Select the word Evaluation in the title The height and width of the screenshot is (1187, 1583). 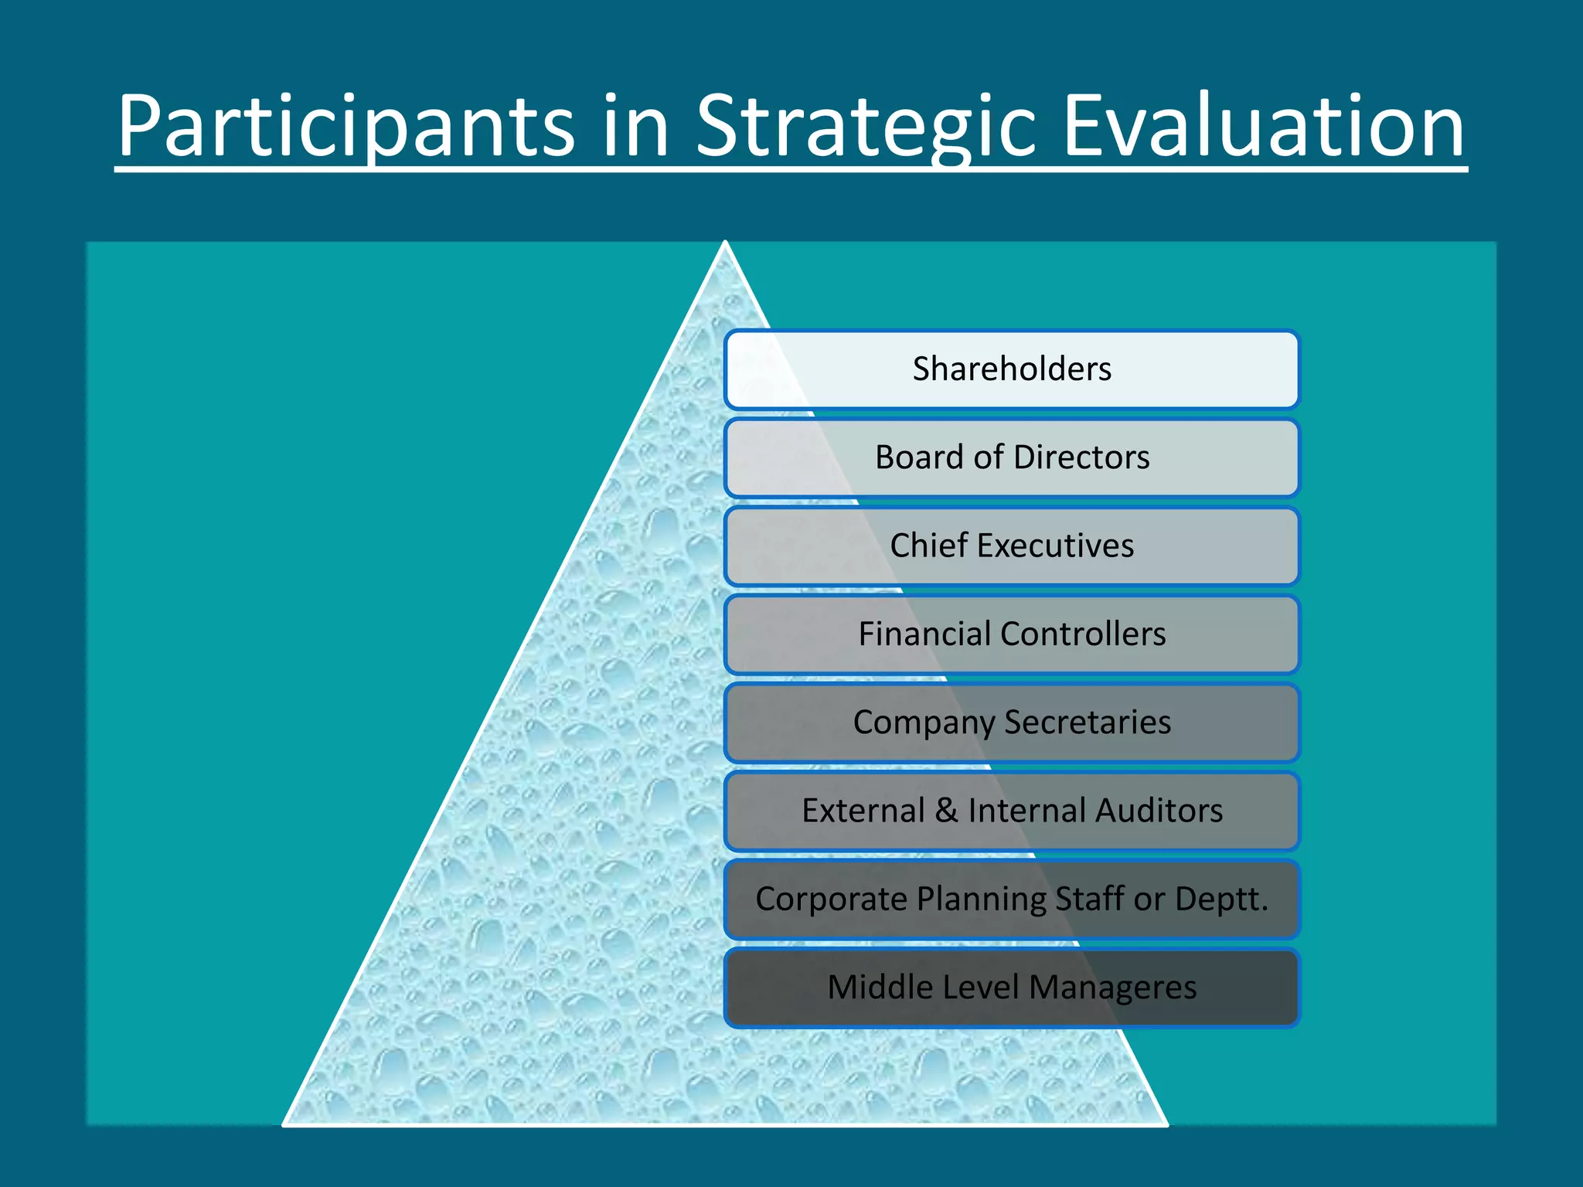click(1263, 126)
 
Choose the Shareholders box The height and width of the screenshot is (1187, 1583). click(1012, 369)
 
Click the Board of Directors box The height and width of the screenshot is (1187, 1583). click(1012, 457)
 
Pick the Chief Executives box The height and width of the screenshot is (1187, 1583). click(1012, 546)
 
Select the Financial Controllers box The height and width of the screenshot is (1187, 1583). click(1012, 634)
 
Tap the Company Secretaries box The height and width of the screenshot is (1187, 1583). click(1012, 723)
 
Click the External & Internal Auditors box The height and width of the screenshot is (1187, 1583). click(1012, 811)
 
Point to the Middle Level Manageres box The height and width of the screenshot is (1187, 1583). click(1012, 988)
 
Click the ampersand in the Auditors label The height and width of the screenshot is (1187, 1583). click(946, 811)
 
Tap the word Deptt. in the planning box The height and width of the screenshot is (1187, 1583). click(1221, 899)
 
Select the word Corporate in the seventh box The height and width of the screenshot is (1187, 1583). click(832, 899)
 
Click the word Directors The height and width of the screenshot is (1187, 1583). click(1081, 457)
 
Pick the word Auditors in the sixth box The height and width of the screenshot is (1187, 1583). click(1159, 811)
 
